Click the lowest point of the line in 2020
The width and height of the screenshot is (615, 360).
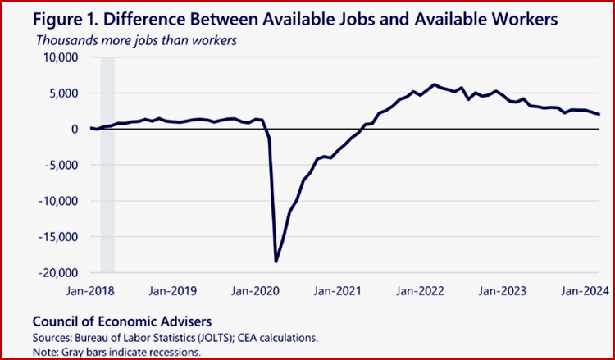pyautogui.click(x=276, y=262)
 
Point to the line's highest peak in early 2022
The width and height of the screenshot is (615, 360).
pyautogui.click(x=435, y=84)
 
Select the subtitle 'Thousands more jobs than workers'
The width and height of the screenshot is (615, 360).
pyautogui.click(x=134, y=40)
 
